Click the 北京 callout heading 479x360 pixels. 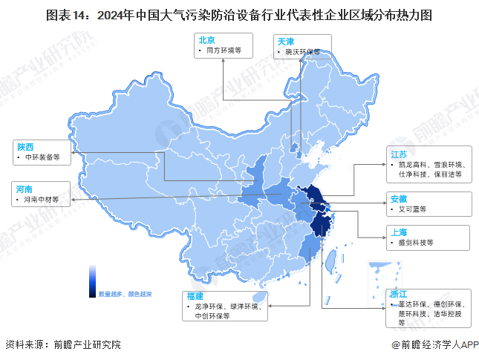click(206, 39)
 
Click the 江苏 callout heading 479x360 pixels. click(399, 154)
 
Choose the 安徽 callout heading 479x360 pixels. click(399, 198)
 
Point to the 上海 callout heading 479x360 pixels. click(399, 232)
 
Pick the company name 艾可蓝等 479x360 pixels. click(412, 209)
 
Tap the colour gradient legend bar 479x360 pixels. click(92, 280)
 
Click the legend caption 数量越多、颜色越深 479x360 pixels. click(125, 294)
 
